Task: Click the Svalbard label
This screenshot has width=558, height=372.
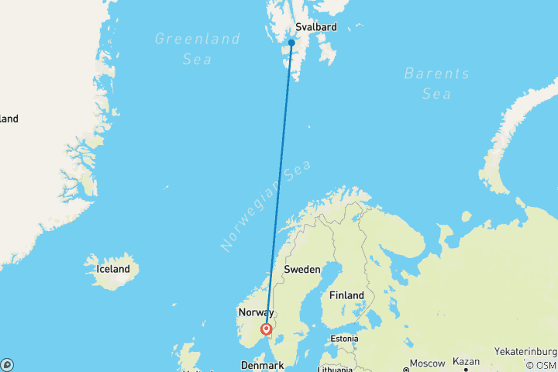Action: (x=316, y=27)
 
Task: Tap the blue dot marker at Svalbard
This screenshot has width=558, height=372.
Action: (x=291, y=43)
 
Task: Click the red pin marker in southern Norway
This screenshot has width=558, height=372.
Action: (x=267, y=329)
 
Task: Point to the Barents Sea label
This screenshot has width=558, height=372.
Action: (x=436, y=83)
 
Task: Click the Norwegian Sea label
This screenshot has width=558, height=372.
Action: (x=265, y=205)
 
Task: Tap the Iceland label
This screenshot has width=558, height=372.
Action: (x=113, y=269)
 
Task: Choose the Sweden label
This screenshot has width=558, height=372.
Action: (x=302, y=269)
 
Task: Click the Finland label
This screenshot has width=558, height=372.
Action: (x=346, y=295)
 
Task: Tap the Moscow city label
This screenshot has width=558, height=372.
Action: (x=428, y=363)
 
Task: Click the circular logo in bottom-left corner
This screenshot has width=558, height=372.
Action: (x=7, y=364)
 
